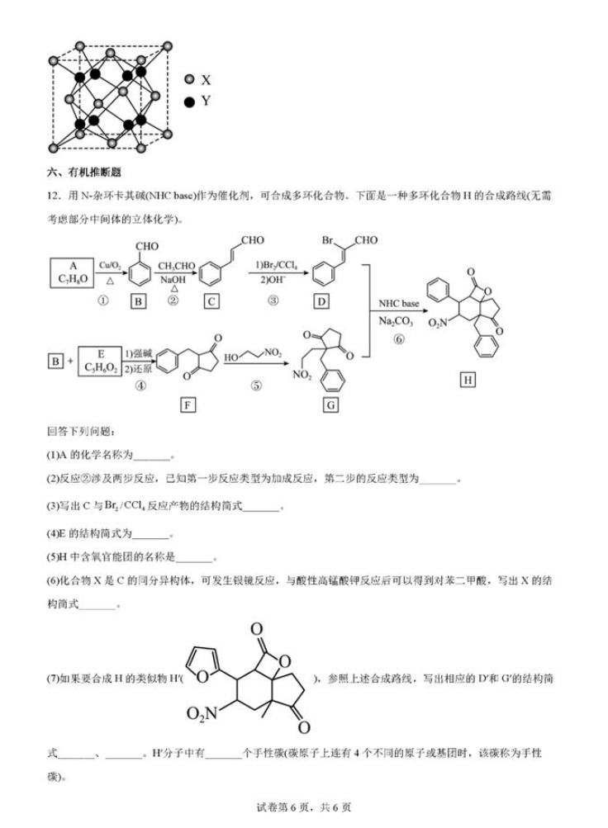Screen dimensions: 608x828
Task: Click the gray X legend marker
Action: (x=189, y=80)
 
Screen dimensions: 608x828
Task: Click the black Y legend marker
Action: (x=189, y=102)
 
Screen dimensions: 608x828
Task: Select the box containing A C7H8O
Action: (x=73, y=272)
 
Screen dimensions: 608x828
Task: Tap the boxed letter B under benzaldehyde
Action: (x=139, y=301)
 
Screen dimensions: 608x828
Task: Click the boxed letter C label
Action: (x=211, y=301)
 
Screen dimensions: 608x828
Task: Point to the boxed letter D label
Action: (x=321, y=301)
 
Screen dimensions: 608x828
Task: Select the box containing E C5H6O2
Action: (x=100, y=361)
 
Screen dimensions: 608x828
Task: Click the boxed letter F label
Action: (x=188, y=405)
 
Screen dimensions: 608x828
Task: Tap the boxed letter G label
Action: (x=330, y=405)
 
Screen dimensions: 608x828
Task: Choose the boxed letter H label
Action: (x=468, y=379)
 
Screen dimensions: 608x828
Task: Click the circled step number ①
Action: (x=103, y=300)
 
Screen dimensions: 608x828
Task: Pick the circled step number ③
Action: (x=273, y=300)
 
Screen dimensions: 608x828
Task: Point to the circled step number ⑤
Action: (x=256, y=386)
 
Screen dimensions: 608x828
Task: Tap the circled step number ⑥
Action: (x=399, y=339)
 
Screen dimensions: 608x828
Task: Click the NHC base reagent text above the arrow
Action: (x=399, y=304)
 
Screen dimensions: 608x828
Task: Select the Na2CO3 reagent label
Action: (x=397, y=321)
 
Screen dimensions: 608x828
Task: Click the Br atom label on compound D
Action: (x=327, y=240)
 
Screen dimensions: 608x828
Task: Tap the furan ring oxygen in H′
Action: (x=203, y=676)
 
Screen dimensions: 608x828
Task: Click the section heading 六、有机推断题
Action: (x=84, y=173)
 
